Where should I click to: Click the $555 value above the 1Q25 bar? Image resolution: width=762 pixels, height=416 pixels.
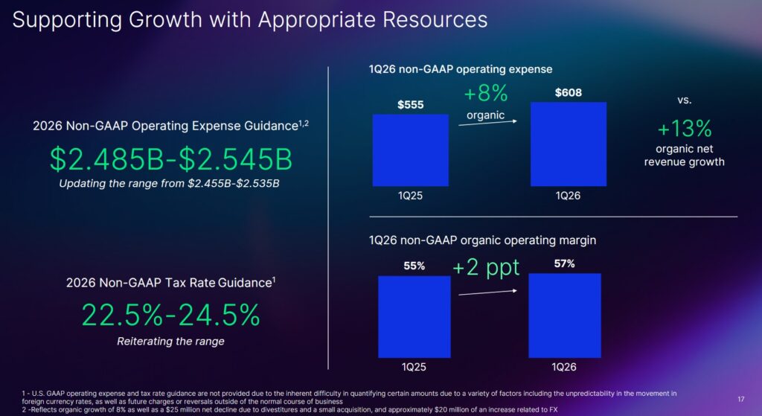tap(410, 105)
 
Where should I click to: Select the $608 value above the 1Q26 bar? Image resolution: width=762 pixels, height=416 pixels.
tap(569, 93)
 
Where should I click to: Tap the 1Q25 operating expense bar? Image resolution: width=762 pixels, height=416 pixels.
tap(410, 150)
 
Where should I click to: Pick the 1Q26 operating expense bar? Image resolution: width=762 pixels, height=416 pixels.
tap(569, 144)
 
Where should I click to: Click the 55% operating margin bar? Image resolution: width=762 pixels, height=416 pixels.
tap(414, 316)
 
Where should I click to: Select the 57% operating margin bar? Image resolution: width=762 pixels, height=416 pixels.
tap(564, 315)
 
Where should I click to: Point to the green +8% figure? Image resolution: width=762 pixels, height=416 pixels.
tap(485, 94)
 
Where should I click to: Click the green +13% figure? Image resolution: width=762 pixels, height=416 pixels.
tap(684, 129)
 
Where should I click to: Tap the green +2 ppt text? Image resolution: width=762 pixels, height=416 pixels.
tap(486, 268)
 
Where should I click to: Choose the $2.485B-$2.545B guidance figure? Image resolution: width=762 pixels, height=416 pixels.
tap(170, 159)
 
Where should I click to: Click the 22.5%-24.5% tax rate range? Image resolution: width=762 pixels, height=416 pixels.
tap(170, 315)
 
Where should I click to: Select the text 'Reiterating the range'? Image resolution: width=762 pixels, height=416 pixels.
tap(170, 342)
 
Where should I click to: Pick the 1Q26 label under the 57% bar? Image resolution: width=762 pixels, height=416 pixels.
tap(564, 367)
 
